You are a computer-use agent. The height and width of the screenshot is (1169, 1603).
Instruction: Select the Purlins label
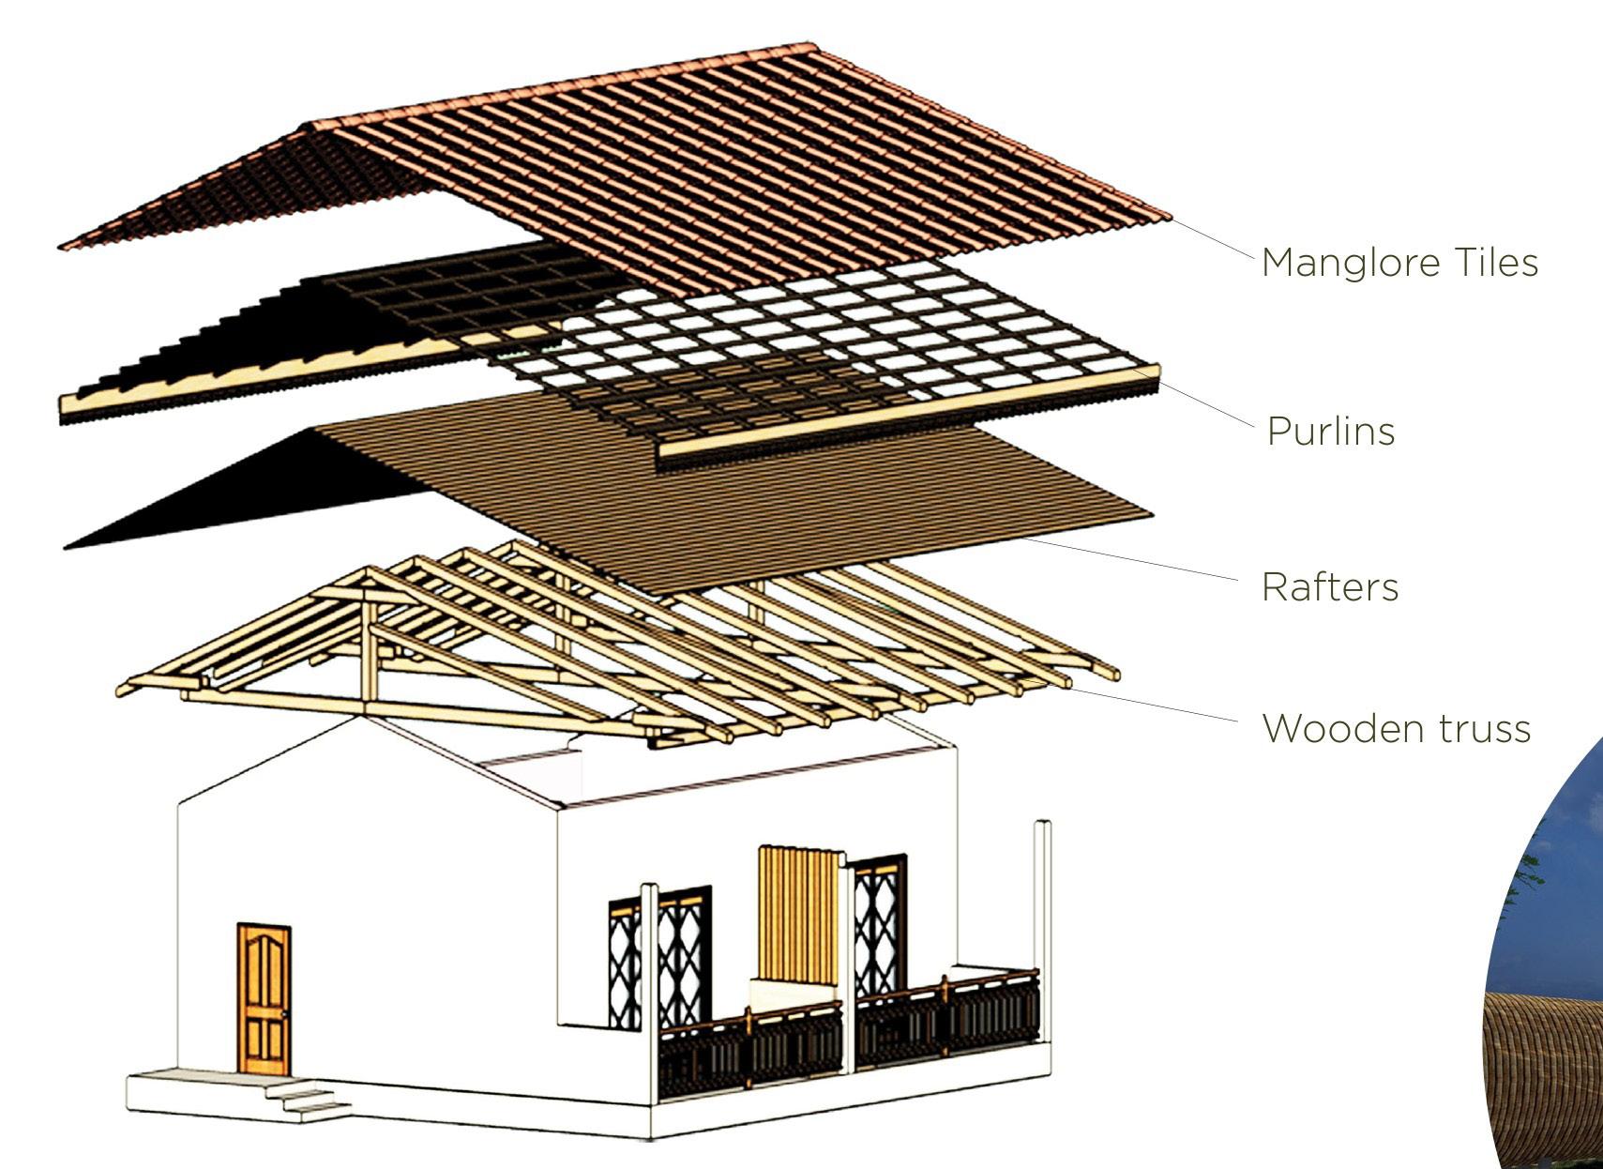tap(1330, 432)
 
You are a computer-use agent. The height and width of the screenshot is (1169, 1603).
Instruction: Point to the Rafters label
tap(1330, 587)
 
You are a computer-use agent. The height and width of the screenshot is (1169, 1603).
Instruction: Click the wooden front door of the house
tap(264, 998)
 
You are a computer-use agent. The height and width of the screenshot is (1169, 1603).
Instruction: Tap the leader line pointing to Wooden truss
tap(1154, 705)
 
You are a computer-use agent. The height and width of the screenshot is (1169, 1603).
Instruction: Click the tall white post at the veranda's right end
tap(1043, 891)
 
